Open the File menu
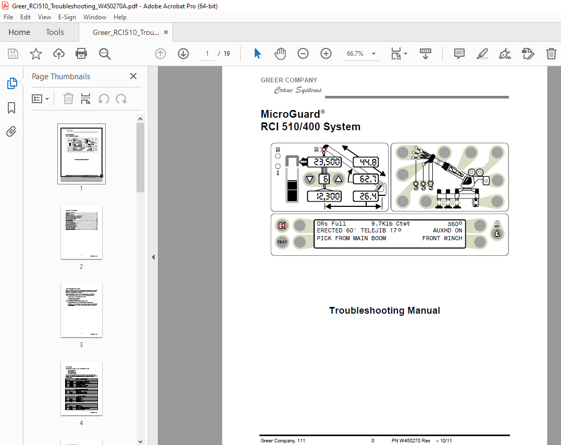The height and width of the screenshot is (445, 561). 8,17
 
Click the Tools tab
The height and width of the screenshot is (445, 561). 55,32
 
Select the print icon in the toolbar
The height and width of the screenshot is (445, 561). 81,54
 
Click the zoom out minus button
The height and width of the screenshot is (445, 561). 303,54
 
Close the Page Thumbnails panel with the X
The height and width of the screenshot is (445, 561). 133,76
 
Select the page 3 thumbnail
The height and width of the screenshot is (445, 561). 81,310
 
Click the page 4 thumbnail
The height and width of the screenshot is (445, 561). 81,388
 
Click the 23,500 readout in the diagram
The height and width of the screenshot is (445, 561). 327,162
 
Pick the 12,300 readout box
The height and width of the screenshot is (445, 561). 327,196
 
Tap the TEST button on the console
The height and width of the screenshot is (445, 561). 282,242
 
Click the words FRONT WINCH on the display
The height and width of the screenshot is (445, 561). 442,239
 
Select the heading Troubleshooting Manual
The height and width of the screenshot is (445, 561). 384,311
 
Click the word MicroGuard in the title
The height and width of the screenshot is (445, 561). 290,114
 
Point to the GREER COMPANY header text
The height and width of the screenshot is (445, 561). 289,80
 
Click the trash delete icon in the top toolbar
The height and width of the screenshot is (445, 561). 551,54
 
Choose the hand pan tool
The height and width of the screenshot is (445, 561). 280,54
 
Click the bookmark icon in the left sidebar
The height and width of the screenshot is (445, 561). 11,108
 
